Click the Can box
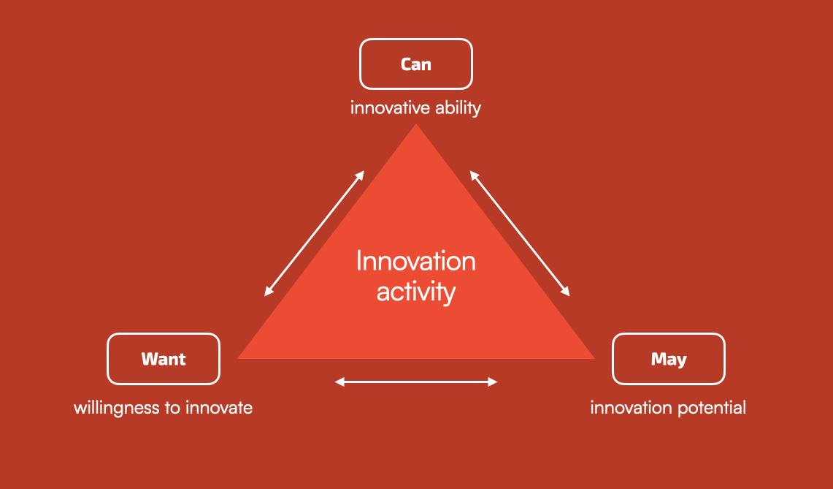tap(415, 64)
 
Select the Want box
tap(164, 359)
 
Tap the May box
tap(668, 359)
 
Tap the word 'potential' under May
tap(712, 408)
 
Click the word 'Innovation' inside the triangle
tap(415, 261)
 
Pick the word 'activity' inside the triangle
tap(415, 292)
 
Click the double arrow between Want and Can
tap(314, 233)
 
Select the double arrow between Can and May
tap(520, 233)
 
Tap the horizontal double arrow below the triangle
tap(415, 382)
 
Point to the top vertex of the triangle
tap(415, 126)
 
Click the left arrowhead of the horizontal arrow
tap(338, 382)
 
